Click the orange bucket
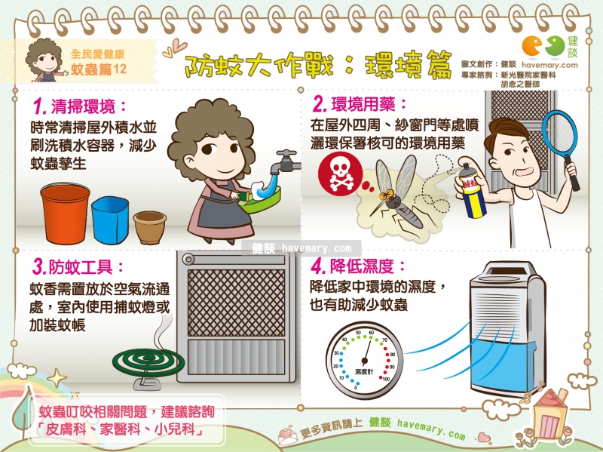(x=66, y=214)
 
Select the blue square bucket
(x=110, y=220)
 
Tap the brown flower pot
(x=149, y=227)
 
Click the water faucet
(x=286, y=161)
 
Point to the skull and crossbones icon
(x=340, y=174)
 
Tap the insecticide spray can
(x=472, y=191)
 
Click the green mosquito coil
(x=148, y=362)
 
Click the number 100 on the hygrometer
(x=386, y=380)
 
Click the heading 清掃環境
(x=83, y=106)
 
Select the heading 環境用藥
(x=363, y=104)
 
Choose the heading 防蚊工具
(x=81, y=267)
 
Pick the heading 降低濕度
(x=362, y=266)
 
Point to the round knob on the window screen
(x=188, y=259)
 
